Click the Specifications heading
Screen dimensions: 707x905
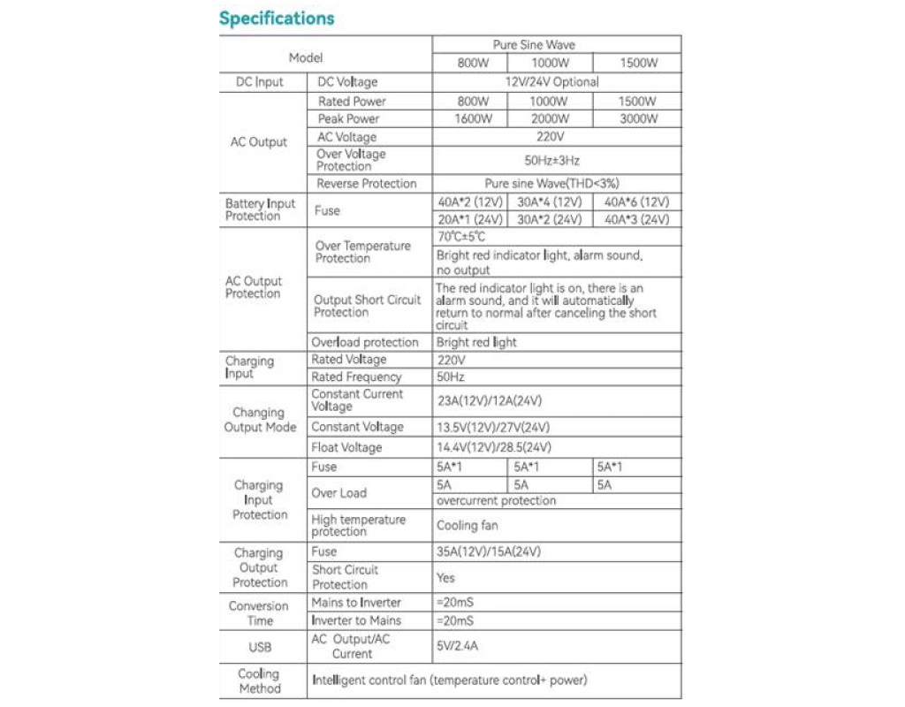277,19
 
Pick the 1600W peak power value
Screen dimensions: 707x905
474,119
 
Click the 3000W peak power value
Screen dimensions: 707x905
637,119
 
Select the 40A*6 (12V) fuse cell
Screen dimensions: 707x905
636,202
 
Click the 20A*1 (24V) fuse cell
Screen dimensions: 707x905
470,219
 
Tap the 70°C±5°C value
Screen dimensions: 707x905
461,237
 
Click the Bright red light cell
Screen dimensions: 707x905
476,342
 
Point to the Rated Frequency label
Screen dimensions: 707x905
356,377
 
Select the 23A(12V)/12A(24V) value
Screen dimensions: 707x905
489,400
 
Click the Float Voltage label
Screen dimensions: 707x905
346,447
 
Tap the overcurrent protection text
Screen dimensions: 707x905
496,501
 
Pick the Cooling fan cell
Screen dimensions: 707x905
467,526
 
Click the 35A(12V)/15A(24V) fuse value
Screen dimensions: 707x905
489,551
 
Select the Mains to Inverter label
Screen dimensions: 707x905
356,603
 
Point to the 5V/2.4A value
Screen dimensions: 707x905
458,646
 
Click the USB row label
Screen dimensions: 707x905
260,647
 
